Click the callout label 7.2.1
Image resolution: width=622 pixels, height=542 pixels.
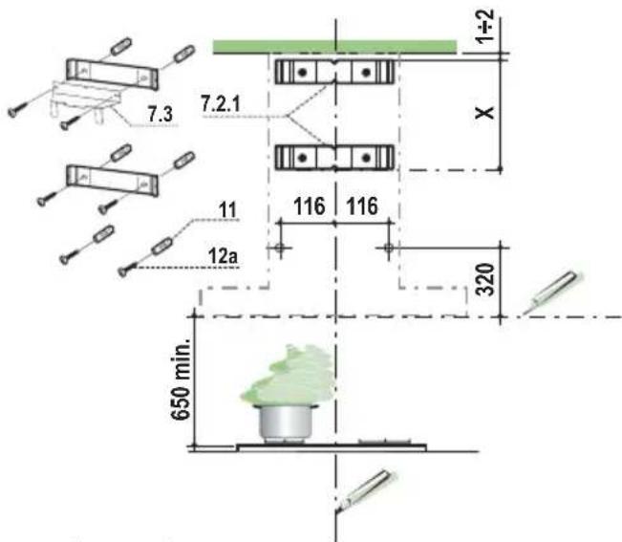[x=221, y=104]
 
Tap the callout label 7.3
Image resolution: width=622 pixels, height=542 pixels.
[x=161, y=114]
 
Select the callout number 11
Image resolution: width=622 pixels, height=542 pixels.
[x=227, y=210]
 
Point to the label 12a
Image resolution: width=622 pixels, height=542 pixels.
[x=223, y=256]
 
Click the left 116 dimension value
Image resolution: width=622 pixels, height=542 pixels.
[x=310, y=206]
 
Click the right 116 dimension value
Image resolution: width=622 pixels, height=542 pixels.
[x=362, y=206]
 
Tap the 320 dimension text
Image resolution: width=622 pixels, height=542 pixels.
[x=485, y=279]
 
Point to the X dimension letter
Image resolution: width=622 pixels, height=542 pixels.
[x=484, y=113]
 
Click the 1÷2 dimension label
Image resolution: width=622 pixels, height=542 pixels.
[x=485, y=26]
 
